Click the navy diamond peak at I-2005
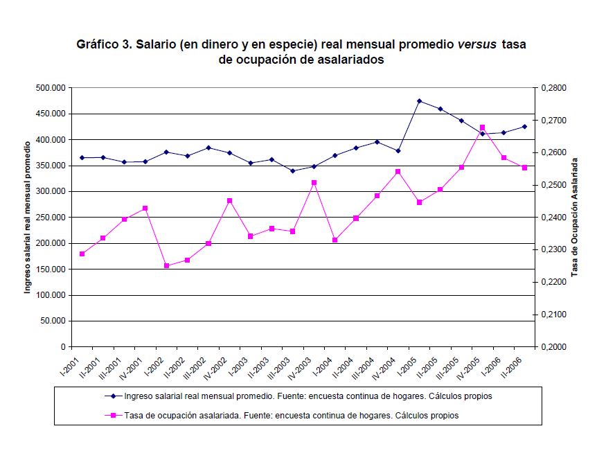click(x=419, y=101)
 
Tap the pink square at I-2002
click(x=166, y=265)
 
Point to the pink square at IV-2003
click(x=314, y=182)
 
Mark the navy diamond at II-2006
click(x=524, y=126)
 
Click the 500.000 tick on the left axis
click(x=51, y=88)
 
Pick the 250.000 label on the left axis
click(x=51, y=218)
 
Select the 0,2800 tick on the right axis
click(x=553, y=88)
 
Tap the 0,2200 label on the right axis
click(x=553, y=282)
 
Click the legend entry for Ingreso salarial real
click(x=308, y=396)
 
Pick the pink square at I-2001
click(x=82, y=254)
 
